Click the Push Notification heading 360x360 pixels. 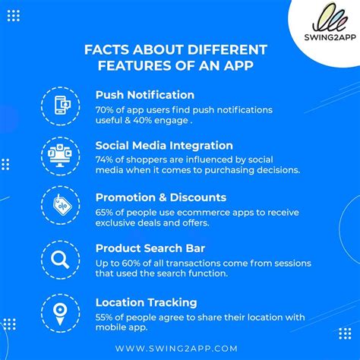[145, 95]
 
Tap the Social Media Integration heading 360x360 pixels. [164, 146]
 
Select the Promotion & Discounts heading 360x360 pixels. [161, 197]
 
